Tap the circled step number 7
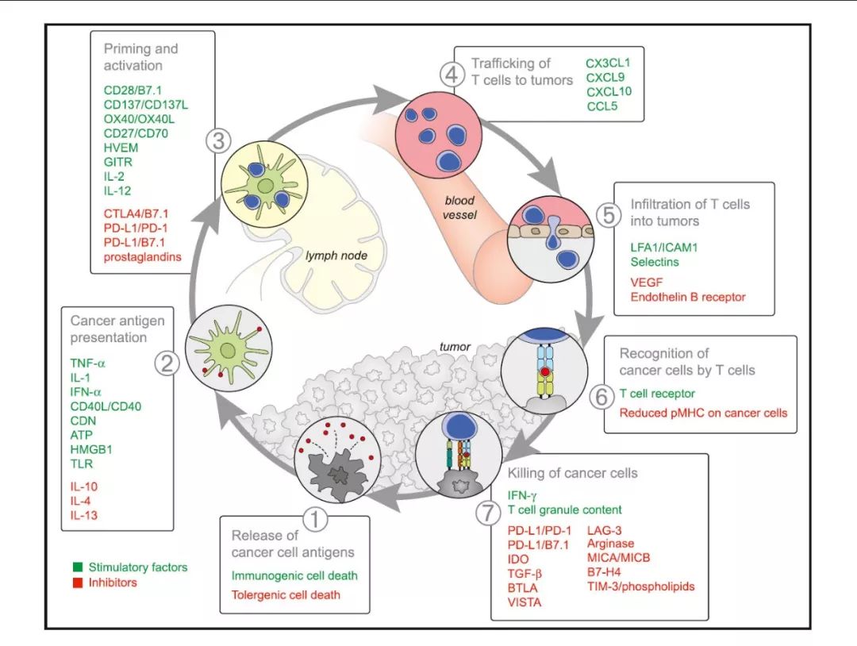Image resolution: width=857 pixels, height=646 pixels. click(x=486, y=513)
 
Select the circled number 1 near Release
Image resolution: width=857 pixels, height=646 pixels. click(x=317, y=520)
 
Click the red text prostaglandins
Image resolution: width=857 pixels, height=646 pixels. click(x=140, y=256)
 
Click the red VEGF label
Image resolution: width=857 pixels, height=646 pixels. click(x=646, y=282)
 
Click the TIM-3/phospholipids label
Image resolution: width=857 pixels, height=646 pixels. click(x=640, y=586)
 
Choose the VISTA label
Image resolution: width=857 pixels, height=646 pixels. click(x=525, y=602)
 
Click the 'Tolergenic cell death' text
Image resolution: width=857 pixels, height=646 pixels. click(x=286, y=594)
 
